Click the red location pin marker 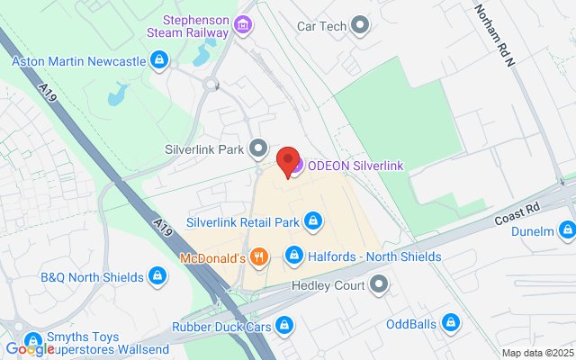pos(289,160)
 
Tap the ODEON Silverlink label pos(355,165)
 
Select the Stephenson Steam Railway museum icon pos(242,24)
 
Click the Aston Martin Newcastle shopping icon pos(158,61)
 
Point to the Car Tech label pos(322,25)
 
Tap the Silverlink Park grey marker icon pos(259,148)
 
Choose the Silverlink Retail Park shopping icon pos(313,220)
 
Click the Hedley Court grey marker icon pos(380,285)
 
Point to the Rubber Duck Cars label pos(222,324)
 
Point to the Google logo pos(31,349)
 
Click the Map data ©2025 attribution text pos(536,353)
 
